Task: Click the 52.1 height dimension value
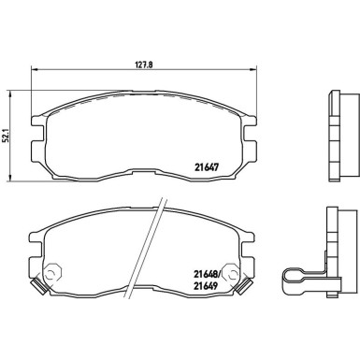pyautogui.click(x=5, y=136)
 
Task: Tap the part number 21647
pyautogui.click(x=208, y=167)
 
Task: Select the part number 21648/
pyautogui.click(x=208, y=274)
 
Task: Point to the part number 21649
pyautogui.click(x=206, y=285)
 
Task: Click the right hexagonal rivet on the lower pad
pyautogui.click(x=231, y=275)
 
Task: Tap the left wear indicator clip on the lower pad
pyautogui.click(x=39, y=286)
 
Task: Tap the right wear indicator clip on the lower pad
pyautogui.click(x=243, y=287)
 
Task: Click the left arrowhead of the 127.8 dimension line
pyautogui.click(x=34, y=69)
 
